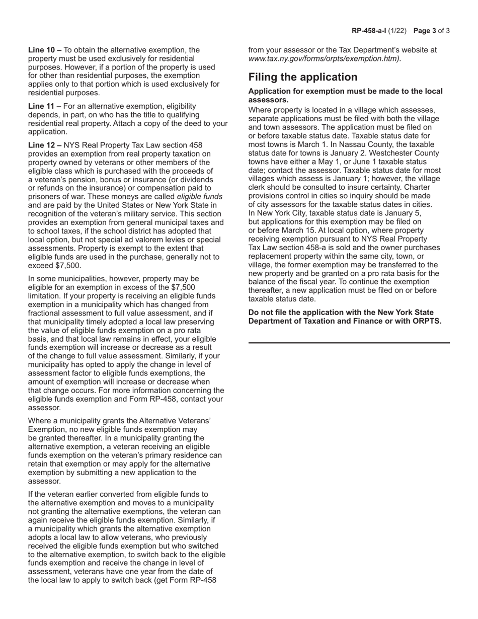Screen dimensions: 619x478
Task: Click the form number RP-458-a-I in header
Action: [368, 31]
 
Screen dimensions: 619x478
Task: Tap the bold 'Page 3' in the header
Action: [424, 31]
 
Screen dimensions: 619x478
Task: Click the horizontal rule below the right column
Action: [349, 343]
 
